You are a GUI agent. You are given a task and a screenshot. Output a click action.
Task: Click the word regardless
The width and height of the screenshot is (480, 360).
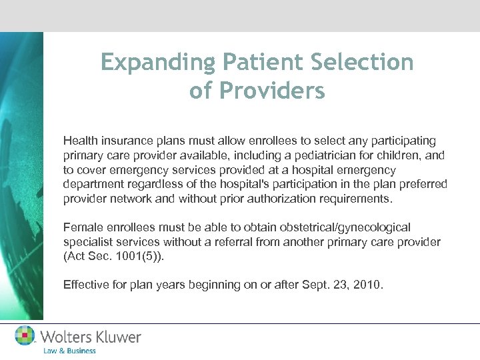pyautogui.click(x=153, y=184)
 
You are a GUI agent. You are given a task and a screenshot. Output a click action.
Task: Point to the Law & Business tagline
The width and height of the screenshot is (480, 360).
pyautogui.click(x=69, y=351)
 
